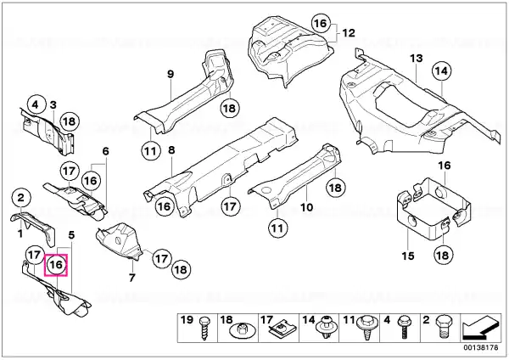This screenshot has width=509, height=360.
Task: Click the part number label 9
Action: point(171,74)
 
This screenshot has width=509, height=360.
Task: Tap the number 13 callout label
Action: point(417,59)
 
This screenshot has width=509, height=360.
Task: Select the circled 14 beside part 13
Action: point(441,70)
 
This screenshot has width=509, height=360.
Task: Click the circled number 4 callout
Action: point(35,104)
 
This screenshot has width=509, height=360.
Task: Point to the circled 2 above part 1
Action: point(20,197)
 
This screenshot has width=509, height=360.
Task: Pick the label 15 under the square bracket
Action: point(408,256)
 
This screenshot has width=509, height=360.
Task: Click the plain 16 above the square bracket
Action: point(445,166)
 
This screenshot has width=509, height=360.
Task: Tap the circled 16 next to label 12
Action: point(321,23)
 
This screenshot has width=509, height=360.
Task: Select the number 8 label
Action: point(171,150)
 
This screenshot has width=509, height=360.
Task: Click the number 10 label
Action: point(307,207)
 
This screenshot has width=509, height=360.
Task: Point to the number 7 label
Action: point(131,278)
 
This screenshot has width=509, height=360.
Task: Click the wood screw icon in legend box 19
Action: point(204,329)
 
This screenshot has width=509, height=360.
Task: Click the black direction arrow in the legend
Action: point(480,328)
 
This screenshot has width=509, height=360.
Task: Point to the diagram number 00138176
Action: point(481,347)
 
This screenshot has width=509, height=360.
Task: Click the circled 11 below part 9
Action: point(150,151)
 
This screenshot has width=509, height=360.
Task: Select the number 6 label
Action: point(105,151)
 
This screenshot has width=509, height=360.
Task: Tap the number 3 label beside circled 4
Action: point(53,105)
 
